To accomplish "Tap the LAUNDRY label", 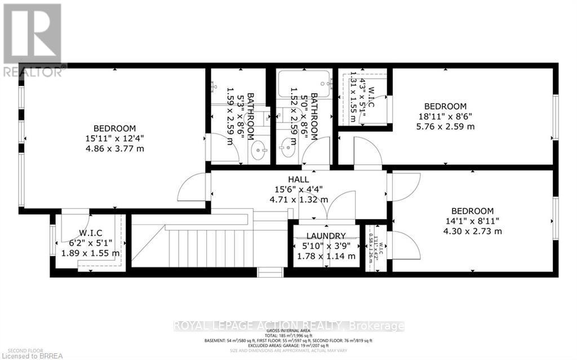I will pyautogui.click(x=326, y=235).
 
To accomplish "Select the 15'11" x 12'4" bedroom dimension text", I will pyautogui.click(x=114, y=138).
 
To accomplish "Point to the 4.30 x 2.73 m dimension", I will pyautogui.click(x=472, y=231).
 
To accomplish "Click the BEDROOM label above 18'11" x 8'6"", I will pyautogui.click(x=445, y=106).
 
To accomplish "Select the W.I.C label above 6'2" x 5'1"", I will pyautogui.click(x=90, y=233).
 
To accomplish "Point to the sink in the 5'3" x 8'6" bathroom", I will pyautogui.click(x=258, y=150).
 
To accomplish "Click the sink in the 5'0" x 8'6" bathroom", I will pyautogui.click(x=287, y=151).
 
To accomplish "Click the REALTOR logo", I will pyautogui.click(x=31, y=39).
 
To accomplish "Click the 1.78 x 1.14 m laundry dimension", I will pyautogui.click(x=326, y=256).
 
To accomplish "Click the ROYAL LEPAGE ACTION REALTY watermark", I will pyautogui.click(x=288, y=326).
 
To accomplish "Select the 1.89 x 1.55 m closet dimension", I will pyautogui.click(x=90, y=254).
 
